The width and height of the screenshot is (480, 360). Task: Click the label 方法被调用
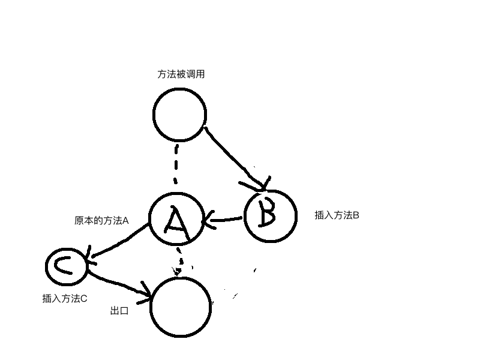[x=181, y=74]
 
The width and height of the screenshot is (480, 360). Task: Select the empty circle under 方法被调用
[x=179, y=115]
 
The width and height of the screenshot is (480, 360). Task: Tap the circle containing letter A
[x=176, y=218]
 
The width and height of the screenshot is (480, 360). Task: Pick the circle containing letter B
[x=271, y=215]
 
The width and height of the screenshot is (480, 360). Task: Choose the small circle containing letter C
[x=67, y=266]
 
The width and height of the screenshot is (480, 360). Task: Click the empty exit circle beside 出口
[x=181, y=307]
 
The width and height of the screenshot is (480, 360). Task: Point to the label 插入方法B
[x=337, y=215]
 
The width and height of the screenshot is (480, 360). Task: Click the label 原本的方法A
[x=101, y=221]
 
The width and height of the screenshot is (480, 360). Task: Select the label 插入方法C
[x=65, y=298]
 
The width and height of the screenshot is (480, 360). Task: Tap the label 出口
[x=119, y=311]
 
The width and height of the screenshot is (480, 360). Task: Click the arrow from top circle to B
[x=235, y=157]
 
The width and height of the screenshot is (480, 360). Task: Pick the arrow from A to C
[x=119, y=242]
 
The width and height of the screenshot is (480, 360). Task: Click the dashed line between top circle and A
[x=176, y=164]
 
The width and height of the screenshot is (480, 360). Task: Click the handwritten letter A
[x=176, y=220]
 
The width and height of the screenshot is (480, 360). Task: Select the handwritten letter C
[x=62, y=266]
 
